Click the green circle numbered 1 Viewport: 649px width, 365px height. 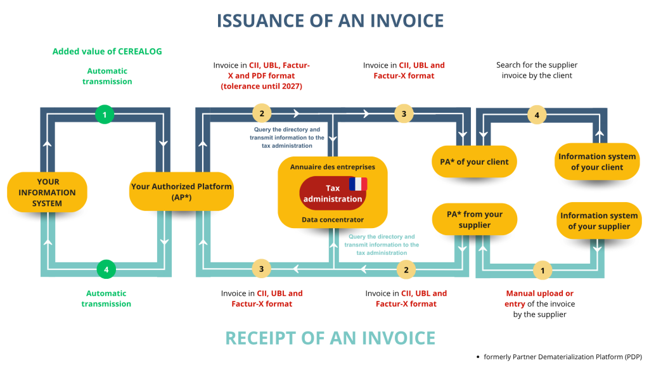click(104, 115)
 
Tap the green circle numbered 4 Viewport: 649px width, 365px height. click(106, 269)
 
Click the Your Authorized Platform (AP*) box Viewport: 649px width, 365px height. click(181, 192)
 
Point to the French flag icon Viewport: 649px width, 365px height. click(358, 184)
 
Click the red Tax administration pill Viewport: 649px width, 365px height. click(333, 193)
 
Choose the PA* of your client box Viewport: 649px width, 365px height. click(474, 162)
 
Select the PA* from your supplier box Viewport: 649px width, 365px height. click(475, 219)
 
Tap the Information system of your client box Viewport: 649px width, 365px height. click(597, 162)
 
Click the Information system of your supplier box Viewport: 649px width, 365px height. click(598, 221)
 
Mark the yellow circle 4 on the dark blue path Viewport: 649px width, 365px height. click(537, 115)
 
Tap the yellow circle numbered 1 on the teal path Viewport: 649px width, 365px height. click(541, 270)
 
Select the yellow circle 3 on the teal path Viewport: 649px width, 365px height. click(261, 269)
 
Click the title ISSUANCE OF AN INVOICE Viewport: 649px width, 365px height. click(330, 20)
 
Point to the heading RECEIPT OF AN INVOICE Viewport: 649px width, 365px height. click(330, 338)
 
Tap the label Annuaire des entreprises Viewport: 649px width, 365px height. click(333, 167)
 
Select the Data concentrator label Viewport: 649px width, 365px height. click(333, 219)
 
